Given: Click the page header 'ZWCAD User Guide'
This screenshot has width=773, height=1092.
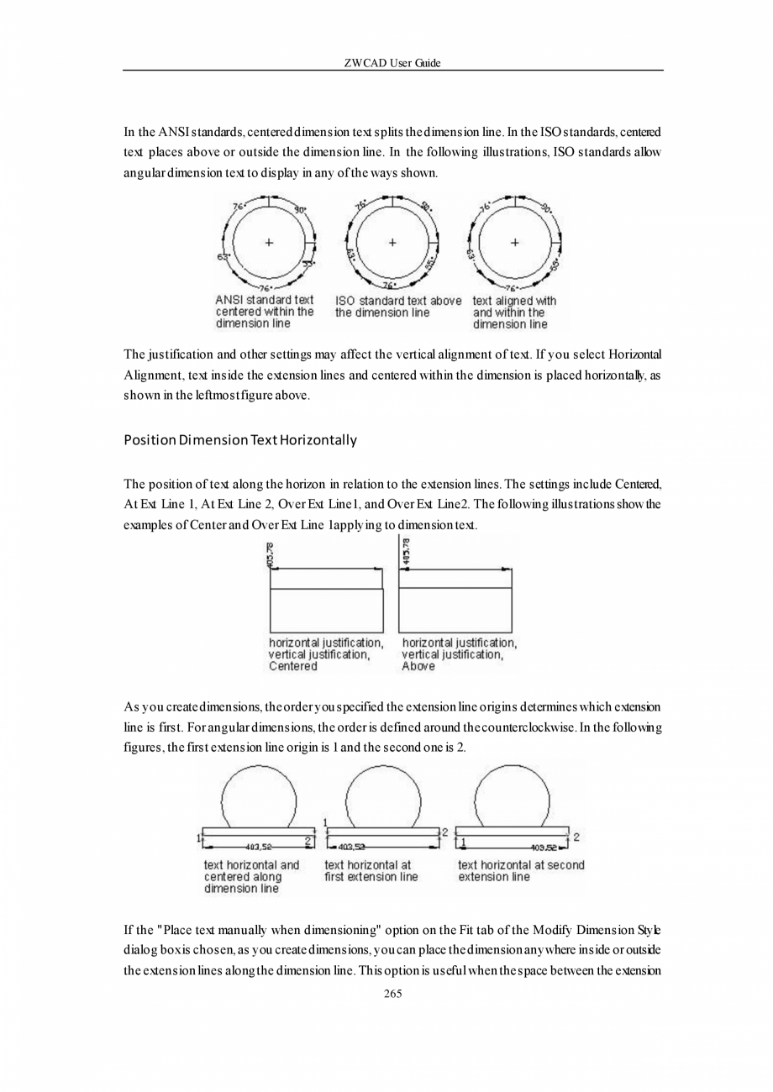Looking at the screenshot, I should click(392, 63).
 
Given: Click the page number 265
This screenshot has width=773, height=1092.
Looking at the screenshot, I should click(392, 994).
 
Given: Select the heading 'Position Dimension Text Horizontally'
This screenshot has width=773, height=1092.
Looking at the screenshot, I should click(240, 440).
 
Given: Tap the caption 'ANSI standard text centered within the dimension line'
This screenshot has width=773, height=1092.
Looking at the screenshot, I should click(265, 311).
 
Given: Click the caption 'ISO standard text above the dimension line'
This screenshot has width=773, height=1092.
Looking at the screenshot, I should click(398, 307).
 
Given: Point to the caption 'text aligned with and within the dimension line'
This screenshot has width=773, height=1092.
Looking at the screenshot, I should click(514, 312).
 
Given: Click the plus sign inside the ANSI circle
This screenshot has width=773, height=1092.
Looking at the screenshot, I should click(269, 243).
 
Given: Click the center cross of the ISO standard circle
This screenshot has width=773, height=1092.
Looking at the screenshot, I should click(392, 243).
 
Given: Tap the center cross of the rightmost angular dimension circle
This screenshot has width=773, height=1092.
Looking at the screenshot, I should click(514, 243).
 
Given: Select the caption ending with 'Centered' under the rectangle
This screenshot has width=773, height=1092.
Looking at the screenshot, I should click(326, 654).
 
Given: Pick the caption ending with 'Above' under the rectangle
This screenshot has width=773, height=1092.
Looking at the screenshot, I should click(459, 654).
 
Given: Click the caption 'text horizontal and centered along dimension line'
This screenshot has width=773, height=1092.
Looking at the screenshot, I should click(251, 876).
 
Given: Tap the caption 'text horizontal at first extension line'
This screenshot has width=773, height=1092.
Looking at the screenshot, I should click(371, 871).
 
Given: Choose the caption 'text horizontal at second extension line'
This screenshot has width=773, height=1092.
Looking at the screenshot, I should click(521, 871).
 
